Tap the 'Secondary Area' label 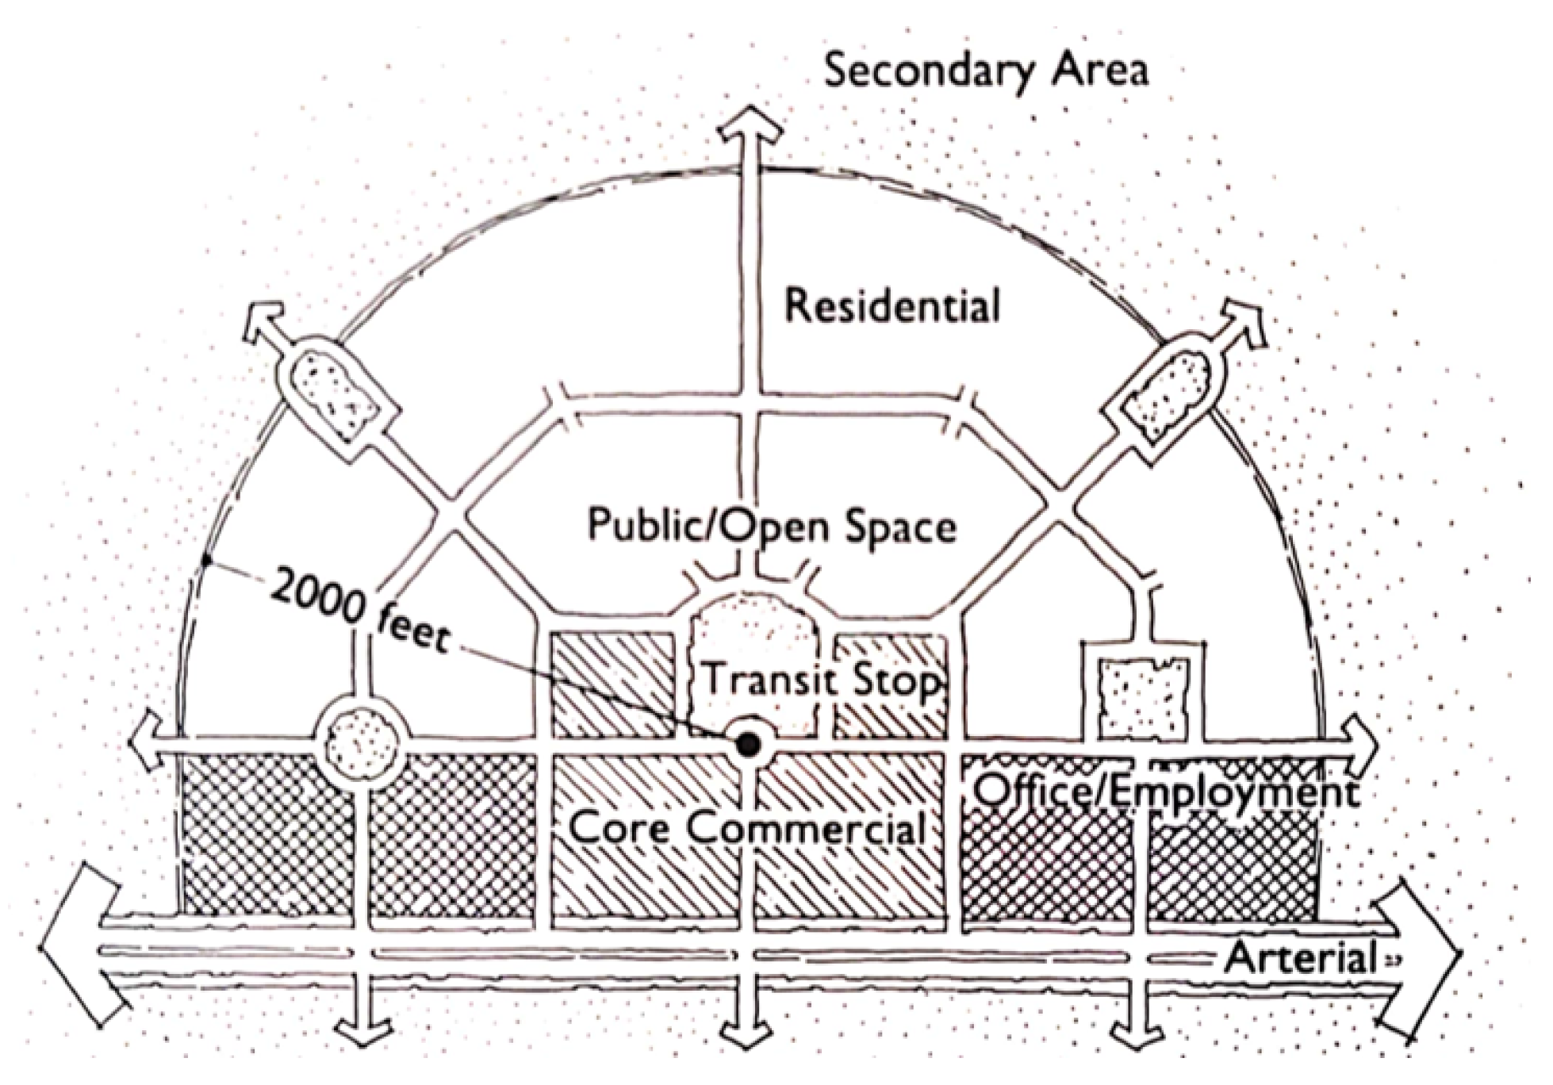click(986, 70)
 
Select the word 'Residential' click(892, 306)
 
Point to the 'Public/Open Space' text click(772, 525)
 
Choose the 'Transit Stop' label click(822, 681)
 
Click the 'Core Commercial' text click(748, 829)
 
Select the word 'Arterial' click(1301, 958)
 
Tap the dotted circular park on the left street click(362, 743)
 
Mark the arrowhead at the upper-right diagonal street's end click(1243, 321)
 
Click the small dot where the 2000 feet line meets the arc click(205, 562)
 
